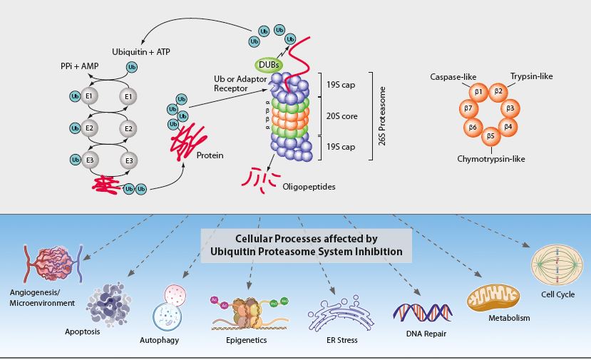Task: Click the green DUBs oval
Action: coord(265,64)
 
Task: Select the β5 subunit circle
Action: coord(490,135)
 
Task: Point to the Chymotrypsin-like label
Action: coord(490,158)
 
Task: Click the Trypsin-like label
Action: coord(532,76)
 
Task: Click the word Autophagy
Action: coord(159,341)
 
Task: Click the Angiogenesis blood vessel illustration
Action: coord(54,263)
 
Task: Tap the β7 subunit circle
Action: coord(468,108)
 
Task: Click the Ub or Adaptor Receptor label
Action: coord(238,83)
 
